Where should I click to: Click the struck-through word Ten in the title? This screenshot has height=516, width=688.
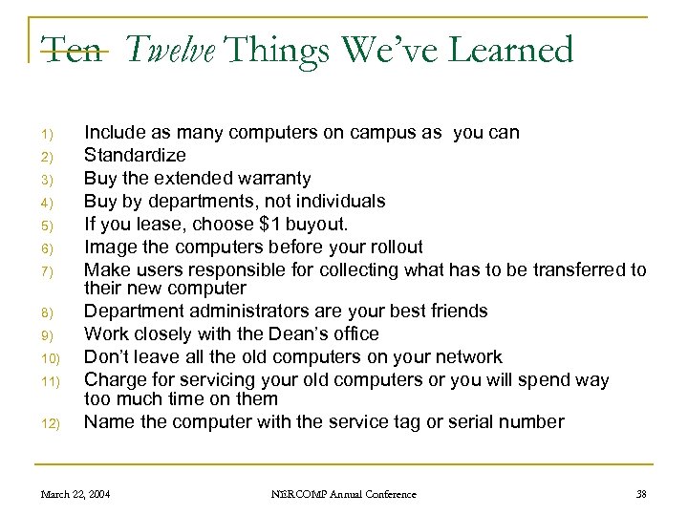pos(70,49)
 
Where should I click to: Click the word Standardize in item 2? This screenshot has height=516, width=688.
pos(135,155)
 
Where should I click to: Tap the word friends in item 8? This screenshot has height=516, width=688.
pos(453,312)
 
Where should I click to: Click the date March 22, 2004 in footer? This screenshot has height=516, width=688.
pos(75,494)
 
